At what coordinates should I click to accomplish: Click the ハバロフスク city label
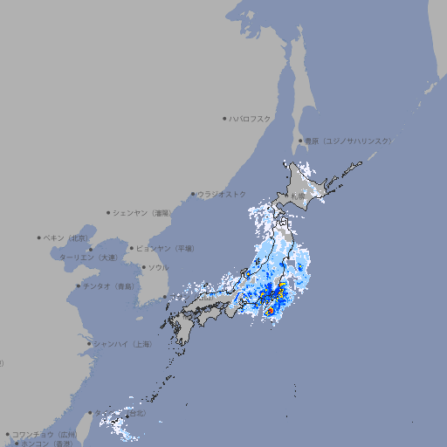tap(251, 118)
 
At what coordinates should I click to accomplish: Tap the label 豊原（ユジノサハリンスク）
tap(347, 141)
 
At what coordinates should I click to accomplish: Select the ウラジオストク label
tap(222, 194)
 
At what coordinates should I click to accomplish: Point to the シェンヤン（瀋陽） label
tap(141, 212)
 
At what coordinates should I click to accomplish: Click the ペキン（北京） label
tap(66, 237)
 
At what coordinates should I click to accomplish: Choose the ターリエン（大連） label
tap(88, 258)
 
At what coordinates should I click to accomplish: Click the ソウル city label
tap(158, 267)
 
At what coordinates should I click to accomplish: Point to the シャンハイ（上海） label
tap(123, 344)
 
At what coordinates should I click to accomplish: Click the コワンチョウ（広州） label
tap(45, 434)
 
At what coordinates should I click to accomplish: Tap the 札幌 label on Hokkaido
tap(299, 196)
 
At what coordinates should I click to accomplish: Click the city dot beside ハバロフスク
tap(224, 118)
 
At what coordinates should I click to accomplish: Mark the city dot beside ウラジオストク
tap(193, 194)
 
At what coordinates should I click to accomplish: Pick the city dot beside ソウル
tap(142, 267)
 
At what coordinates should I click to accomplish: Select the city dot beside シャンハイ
tap(89, 344)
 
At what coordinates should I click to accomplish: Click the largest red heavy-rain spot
tap(271, 310)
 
